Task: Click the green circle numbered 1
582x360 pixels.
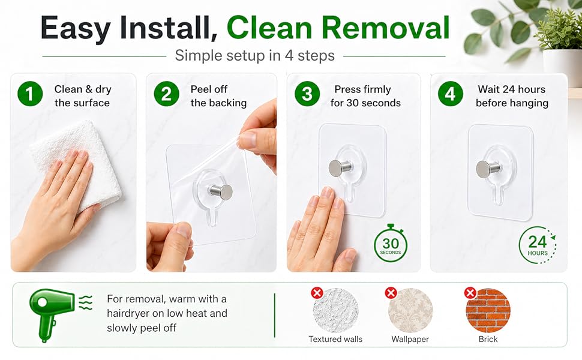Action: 30,94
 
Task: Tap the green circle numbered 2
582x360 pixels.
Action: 166,94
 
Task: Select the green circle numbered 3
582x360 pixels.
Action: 307,94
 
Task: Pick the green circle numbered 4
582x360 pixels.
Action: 450,94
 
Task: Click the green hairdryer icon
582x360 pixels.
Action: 56,314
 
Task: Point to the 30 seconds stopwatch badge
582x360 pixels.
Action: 391,244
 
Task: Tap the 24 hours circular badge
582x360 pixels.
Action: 538,245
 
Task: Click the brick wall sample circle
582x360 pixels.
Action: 488,311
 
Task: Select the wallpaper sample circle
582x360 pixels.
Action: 410,311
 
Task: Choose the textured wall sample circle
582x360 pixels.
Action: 335,311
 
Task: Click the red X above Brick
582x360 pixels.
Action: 470,293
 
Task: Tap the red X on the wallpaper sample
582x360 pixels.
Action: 391,293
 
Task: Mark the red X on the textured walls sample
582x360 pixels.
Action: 317,293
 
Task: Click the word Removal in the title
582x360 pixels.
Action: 385,28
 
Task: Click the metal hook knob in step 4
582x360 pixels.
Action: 484,169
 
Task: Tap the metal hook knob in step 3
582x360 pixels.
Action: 337,168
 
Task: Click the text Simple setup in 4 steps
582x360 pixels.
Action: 254,56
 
